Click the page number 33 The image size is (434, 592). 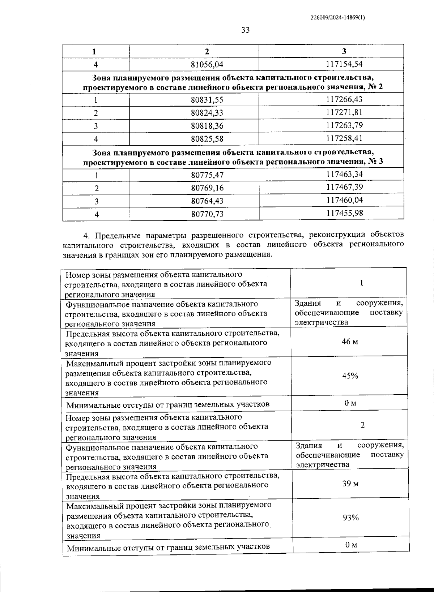pos(245,30)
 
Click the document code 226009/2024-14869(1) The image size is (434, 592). pos(337,17)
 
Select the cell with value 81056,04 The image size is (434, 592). pos(207,65)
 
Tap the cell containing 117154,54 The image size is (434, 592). pos(344,64)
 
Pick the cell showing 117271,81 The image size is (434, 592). pos(344,112)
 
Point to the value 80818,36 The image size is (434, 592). pos(207,126)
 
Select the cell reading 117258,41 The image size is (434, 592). pos(344,138)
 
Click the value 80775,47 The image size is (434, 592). pos(207,175)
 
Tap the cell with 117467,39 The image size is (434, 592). pos(344,187)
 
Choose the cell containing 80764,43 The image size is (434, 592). pos(207,201)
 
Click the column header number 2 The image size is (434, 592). pos(207,51)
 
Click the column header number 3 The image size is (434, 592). pos(344,51)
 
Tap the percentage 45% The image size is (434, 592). pos(350,376)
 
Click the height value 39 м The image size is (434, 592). pos(350,484)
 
